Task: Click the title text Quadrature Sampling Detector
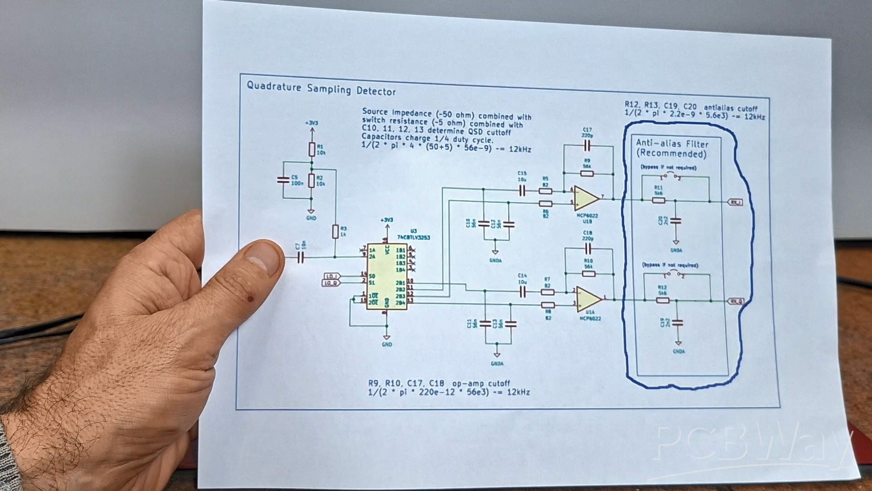pos(321,88)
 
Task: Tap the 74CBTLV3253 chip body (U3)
pos(387,276)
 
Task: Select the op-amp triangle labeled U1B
pos(586,198)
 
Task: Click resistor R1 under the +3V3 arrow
pos(312,149)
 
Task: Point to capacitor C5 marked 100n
pos(283,180)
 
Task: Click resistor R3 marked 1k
pos(335,231)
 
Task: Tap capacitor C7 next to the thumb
pos(300,258)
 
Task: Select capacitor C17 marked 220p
pos(587,145)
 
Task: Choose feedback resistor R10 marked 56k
pos(589,274)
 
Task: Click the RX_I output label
pos(735,202)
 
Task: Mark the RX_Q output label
pos(736,301)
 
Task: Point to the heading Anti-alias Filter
pos(672,144)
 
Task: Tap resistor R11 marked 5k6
pos(658,200)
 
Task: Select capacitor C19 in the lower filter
pos(678,323)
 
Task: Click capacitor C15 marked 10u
pos(522,191)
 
